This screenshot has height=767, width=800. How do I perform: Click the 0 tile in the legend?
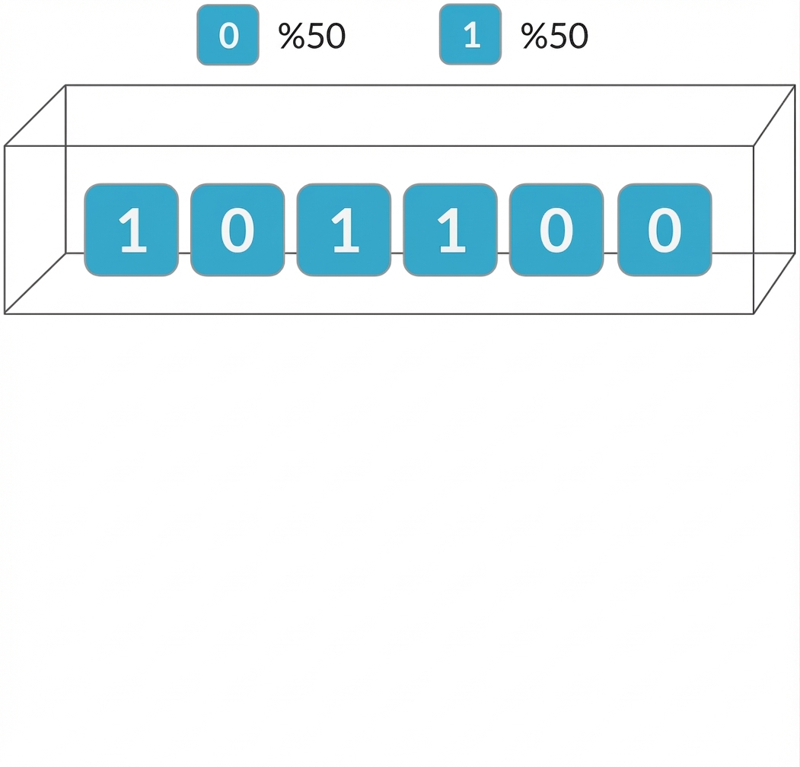coord(228,35)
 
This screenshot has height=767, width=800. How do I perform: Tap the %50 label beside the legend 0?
coord(312,36)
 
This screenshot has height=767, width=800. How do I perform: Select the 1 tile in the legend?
coord(470,35)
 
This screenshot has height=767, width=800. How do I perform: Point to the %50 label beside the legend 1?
coord(554,36)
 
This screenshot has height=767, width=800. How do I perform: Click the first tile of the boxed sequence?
coord(131,229)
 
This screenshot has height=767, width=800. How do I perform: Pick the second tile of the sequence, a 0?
coord(237,229)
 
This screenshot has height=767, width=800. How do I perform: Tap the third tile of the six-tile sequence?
coord(343,229)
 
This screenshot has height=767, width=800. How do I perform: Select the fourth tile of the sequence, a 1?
coord(450,229)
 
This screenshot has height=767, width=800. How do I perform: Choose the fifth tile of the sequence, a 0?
coord(556,229)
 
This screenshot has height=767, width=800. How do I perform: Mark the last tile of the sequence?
coord(665,229)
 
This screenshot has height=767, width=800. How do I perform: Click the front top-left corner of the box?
coord(5,145)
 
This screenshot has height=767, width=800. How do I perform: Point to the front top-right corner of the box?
coord(754,145)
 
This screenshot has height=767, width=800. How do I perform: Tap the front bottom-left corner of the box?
coord(5,313)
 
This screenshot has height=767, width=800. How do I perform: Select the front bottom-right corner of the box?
coord(754,313)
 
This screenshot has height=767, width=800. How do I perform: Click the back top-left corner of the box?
coord(66,85)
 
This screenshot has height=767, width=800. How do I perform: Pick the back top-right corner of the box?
coord(795,85)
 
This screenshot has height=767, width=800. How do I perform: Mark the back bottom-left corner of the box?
coord(66,253)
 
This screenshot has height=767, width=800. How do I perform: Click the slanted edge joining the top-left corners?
coord(36,115)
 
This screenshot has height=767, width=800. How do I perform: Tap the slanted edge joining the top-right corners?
coord(774,115)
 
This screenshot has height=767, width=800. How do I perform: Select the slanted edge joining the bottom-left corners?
coord(36,282)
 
